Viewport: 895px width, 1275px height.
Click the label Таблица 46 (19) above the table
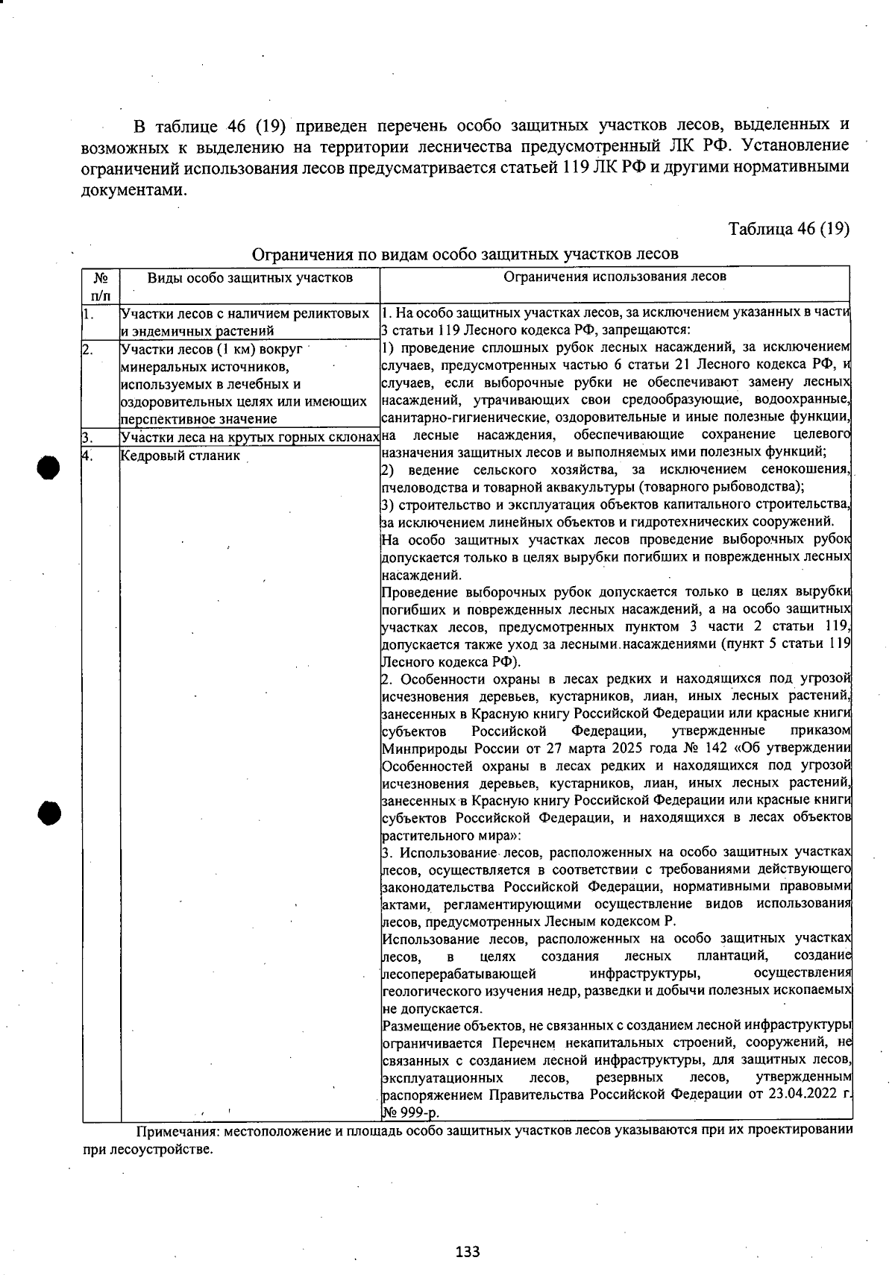point(788,229)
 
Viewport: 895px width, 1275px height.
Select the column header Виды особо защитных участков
point(250,278)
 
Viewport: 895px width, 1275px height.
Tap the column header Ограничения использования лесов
point(615,277)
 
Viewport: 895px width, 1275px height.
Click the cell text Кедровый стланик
point(180,456)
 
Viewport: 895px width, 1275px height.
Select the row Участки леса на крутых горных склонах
point(250,438)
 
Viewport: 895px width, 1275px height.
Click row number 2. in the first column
point(88,349)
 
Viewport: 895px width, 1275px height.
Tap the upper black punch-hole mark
point(48,467)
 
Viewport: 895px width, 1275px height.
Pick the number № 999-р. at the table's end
point(410,1113)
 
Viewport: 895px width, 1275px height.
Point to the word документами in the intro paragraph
point(133,189)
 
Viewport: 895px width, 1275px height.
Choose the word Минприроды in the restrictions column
point(420,749)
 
